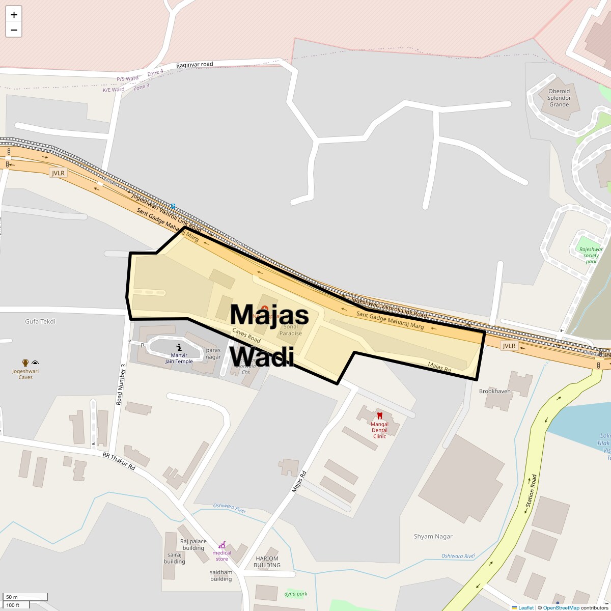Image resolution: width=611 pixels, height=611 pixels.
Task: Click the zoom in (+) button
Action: click(14, 15)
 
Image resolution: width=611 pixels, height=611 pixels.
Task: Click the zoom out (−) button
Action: click(14, 30)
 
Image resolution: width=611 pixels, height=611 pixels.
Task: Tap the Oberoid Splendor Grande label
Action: click(559, 98)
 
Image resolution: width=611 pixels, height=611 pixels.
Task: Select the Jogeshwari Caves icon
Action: click(25, 363)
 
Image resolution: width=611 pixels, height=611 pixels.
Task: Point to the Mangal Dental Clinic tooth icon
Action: click(379, 416)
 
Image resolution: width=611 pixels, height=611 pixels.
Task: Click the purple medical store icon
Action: click(222, 545)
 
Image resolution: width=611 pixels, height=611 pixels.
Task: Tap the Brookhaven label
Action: click(494, 391)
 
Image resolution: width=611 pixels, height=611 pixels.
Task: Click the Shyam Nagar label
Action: click(433, 536)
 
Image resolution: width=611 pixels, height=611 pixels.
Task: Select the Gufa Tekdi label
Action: click(40, 321)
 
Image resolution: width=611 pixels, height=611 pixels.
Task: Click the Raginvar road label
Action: click(195, 65)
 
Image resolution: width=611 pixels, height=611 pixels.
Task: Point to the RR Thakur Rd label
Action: click(119, 461)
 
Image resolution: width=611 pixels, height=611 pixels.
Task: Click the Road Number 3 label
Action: click(121, 384)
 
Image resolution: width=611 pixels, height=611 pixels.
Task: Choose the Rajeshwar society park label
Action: click(591, 255)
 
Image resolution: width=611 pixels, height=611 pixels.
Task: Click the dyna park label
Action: click(296, 594)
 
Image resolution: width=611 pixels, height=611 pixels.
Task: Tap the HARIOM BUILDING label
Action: click(267, 562)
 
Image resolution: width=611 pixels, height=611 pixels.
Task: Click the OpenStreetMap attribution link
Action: click(561, 607)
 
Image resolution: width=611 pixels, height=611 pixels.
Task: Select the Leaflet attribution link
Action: click(525, 607)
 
